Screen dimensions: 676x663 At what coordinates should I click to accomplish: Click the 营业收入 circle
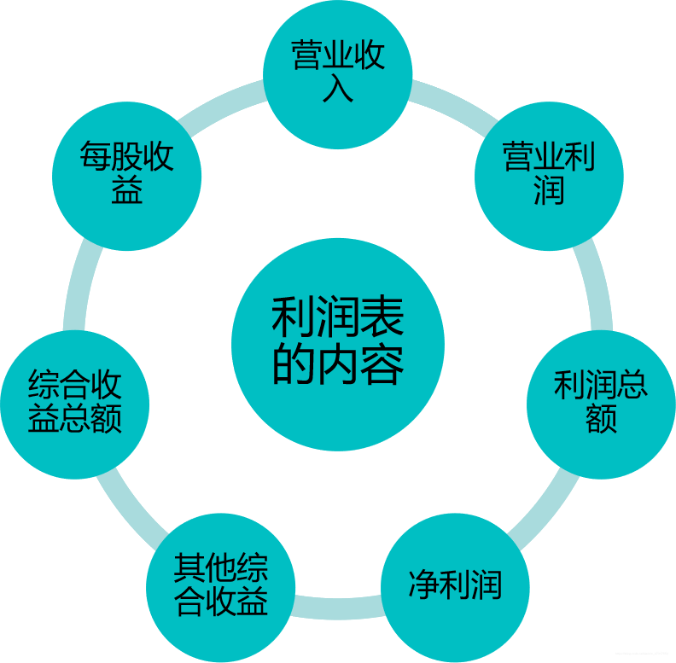tap(337, 73)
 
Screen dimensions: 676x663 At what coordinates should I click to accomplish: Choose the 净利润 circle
tap(455, 587)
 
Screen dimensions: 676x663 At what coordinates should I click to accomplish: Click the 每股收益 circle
tap(126, 176)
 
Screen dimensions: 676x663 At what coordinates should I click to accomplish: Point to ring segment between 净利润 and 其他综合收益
tap(338, 608)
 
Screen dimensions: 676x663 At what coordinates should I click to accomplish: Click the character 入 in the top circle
tap(338, 89)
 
